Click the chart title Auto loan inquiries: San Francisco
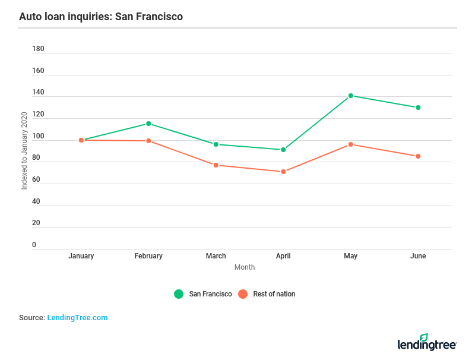pos(101,17)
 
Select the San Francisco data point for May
pos(351,96)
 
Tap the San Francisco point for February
pos(148,124)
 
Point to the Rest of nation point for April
pos(283,172)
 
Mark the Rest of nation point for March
pos(216,165)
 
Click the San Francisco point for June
pos(418,108)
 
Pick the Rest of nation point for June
pos(418,156)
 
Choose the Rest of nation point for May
pos(351,144)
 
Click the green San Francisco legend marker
pos(179,294)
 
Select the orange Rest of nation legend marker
pos(242,294)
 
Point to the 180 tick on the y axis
pos(38,49)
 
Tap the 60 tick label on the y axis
pos(36,179)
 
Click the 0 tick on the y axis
pos(34,245)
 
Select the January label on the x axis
pos(81,256)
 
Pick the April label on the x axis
pos(283,256)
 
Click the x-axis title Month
pos(245,267)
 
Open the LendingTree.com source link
pos(77,318)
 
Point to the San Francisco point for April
pos(283,150)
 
